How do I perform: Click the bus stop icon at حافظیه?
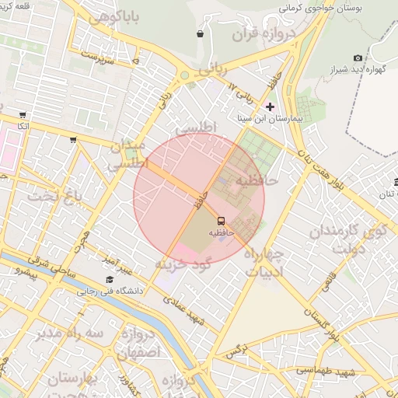(222, 221)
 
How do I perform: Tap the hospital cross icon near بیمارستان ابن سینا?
(270, 106)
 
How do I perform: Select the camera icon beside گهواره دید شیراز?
(358, 58)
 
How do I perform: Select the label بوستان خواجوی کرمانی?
(320, 9)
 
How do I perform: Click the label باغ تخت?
(54, 196)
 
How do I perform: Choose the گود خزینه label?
(183, 264)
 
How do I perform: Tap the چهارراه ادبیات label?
(264, 263)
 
